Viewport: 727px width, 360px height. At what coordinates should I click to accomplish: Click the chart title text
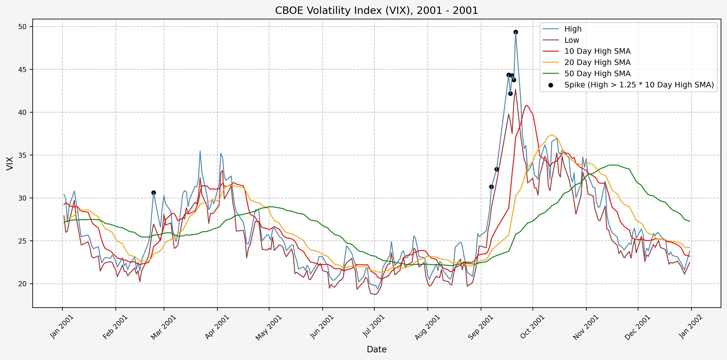point(377,10)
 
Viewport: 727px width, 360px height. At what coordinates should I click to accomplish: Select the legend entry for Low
point(571,40)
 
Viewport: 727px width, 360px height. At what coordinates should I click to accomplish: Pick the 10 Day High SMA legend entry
point(597,51)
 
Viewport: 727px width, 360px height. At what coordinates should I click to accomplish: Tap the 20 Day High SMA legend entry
point(597,62)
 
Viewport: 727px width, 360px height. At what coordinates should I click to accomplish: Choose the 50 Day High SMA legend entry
point(597,74)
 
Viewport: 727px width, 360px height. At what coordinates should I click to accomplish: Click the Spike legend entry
point(639,85)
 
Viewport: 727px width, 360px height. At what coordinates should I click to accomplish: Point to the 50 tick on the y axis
point(22,27)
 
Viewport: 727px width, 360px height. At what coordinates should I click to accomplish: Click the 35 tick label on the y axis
point(22,155)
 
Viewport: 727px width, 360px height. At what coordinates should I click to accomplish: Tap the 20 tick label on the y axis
point(22,284)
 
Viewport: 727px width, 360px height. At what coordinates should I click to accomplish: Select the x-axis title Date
point(377,349)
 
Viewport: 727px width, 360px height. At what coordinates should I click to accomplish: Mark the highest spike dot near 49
point(516,32)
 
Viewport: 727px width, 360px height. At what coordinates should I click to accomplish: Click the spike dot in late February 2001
point(154,193)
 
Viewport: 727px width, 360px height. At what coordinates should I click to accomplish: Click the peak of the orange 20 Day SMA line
point(552,135)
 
